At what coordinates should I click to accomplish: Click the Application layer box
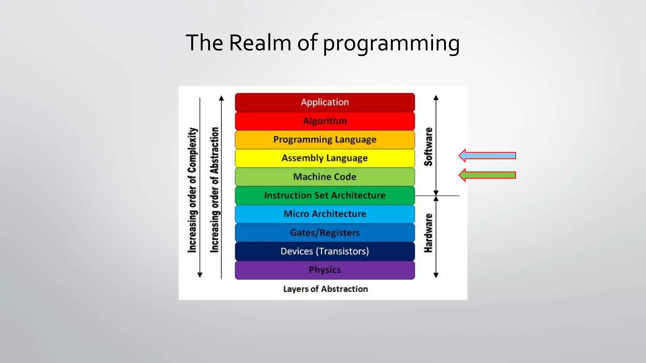click(325, 102)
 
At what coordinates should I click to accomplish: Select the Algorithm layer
click(325, 121)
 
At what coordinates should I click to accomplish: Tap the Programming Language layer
click(325, 140)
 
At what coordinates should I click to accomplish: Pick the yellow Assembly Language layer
click(325, 158)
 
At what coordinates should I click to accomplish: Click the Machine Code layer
click(325, 177)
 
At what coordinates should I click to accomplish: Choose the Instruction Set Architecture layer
click(325, 195)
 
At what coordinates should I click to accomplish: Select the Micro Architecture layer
click(325, 214)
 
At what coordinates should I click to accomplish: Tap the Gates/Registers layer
click(325, 233)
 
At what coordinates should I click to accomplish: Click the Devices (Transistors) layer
click(325, 251)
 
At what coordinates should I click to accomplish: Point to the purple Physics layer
click(325, 270)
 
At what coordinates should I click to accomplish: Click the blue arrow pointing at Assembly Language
click(487, 155)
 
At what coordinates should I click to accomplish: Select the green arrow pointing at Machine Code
click(487, 175)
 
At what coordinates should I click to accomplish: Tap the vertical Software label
click(428, 147)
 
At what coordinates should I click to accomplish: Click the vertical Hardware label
click(428, 233)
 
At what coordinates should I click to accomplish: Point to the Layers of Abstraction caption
click(325, 289)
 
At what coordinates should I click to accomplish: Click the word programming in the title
click(391, 43)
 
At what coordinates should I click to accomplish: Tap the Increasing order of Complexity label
click(192, 190)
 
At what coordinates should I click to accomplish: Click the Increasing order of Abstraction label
click(214, 190)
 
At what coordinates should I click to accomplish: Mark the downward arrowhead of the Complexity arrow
click(200, 275)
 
